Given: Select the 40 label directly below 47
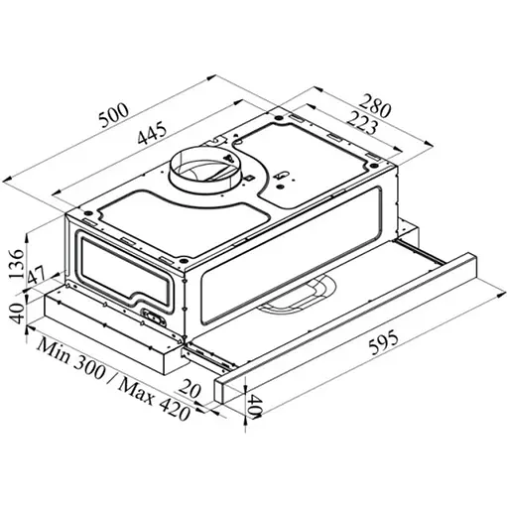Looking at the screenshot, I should click(x=15, y=316).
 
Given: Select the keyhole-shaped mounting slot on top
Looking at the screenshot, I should click(x=284, y=180).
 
